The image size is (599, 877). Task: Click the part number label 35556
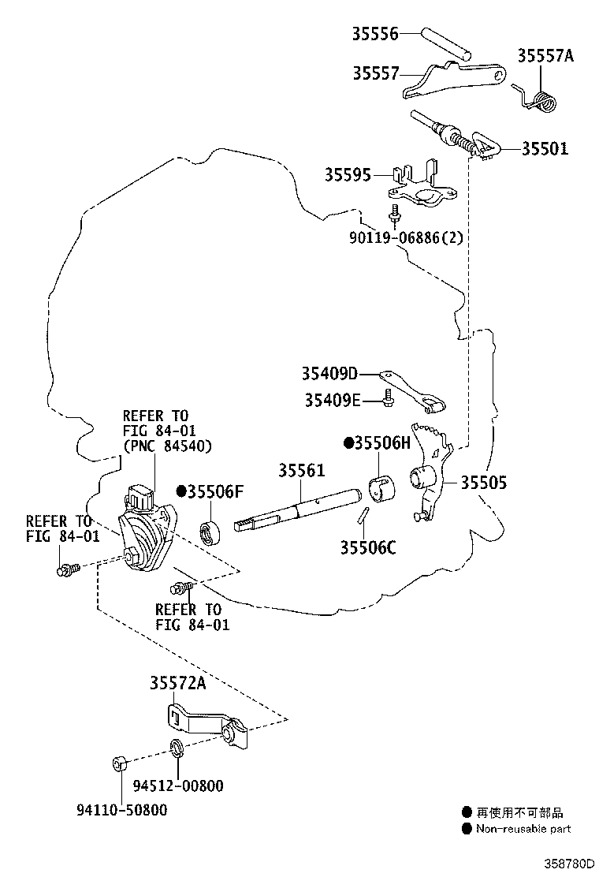coord(375,34)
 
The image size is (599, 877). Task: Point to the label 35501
coord(545,149)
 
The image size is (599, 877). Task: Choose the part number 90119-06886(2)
coord(406,237)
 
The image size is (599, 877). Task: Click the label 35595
coord(348,175)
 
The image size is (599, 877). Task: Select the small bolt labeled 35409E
coord(388,397)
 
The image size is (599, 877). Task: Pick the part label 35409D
coord(329,373)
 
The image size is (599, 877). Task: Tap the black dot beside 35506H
coord(348,443)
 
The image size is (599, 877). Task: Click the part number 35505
coord(483,483)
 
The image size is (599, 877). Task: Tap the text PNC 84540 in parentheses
coord(167,446)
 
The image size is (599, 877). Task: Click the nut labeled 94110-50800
coord(119,763)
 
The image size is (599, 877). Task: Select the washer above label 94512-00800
coord(177,748)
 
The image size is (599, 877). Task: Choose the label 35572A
coord(177,683)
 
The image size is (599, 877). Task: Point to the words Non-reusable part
coord(523,829)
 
